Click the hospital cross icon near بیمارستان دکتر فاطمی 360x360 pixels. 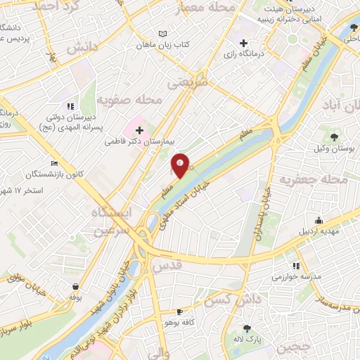[x=139, y=130]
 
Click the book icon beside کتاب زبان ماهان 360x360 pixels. [x=163, y=34]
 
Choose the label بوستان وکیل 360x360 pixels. [x=330, y=148]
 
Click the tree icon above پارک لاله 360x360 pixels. [x=246, y=328]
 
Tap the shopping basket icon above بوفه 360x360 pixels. [x=75, y=286]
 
